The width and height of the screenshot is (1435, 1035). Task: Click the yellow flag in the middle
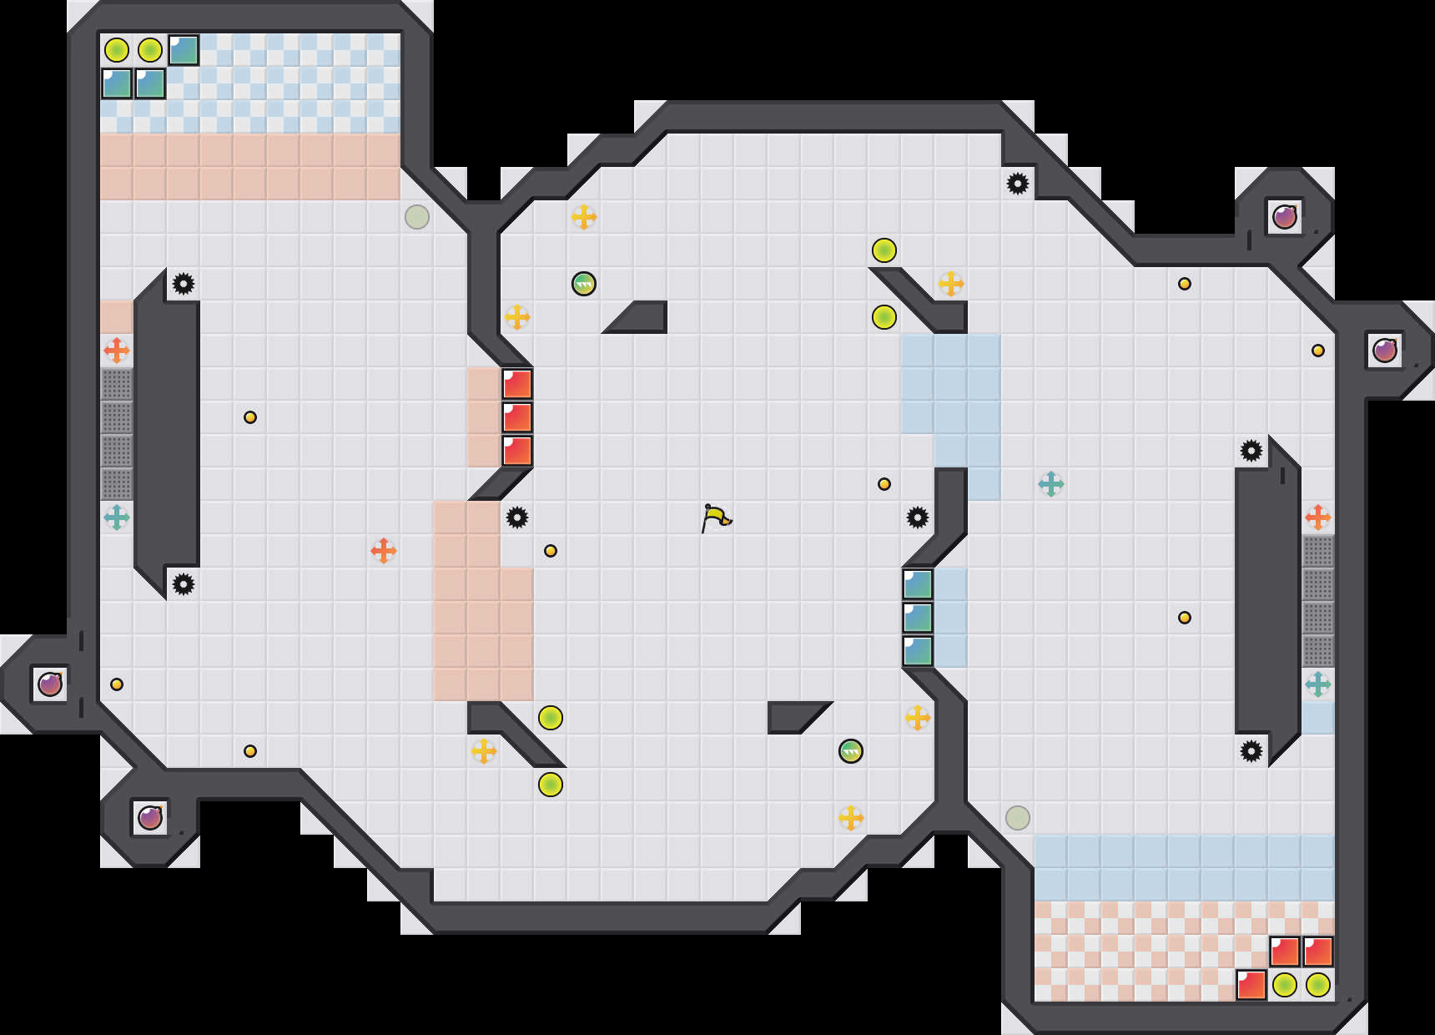(x=716, y=517)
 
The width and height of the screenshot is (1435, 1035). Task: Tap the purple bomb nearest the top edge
(x=1285, y=217)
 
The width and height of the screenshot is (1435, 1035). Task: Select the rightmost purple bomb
(x=1385, y=351)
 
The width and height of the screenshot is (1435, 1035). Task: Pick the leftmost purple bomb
(x=50, y=684)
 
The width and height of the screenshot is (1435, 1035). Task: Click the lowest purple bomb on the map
(x=150, y=818)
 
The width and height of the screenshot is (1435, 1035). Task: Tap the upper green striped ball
(x=584, y=284)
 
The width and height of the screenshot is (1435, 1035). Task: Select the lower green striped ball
(x=851, y=751)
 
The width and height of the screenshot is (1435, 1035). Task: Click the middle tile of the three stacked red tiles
(x=517, y=417)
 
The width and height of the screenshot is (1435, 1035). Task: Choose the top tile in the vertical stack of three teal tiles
(x=918, y=584)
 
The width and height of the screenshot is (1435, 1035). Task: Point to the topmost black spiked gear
(x=1018, y=184)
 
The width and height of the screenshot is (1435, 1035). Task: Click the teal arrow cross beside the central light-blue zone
(x=1051, y=484)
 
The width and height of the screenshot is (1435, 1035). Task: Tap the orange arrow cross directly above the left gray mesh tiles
(x=117, y=351)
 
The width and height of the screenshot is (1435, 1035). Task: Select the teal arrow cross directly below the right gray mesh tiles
(x=1318, y=684)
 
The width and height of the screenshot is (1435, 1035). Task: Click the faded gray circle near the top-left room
(x=417, y=217)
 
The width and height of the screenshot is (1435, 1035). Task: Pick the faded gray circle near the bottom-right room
(x=1018, y=818)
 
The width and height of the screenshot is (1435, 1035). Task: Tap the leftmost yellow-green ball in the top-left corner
(x=117, y=50)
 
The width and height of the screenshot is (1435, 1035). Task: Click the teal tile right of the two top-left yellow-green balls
(x=184, y=50)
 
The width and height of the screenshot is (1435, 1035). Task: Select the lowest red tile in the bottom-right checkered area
(x=1251, y=985)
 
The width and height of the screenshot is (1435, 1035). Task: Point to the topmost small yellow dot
(x=1185, y=284)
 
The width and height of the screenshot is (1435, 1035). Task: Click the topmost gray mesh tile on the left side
(x=117, y=384)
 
